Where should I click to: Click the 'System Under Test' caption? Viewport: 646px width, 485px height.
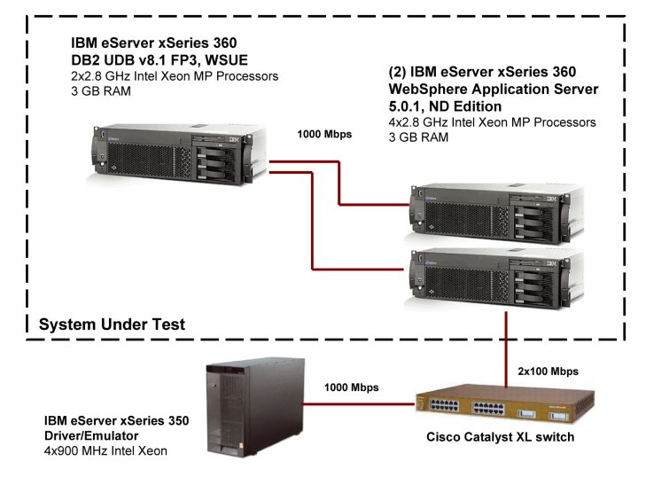[x=112, y=325]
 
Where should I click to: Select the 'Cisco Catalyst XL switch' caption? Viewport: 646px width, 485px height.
[x=501, y=436]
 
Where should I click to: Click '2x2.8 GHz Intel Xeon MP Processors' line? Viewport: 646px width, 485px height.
[x=175, y=76]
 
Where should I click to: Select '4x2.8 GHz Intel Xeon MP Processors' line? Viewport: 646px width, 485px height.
[x=493, y=122]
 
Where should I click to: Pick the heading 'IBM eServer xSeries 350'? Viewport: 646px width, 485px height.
[x=116, y=421]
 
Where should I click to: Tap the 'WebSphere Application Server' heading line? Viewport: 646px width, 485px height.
[x=494, y=90]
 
